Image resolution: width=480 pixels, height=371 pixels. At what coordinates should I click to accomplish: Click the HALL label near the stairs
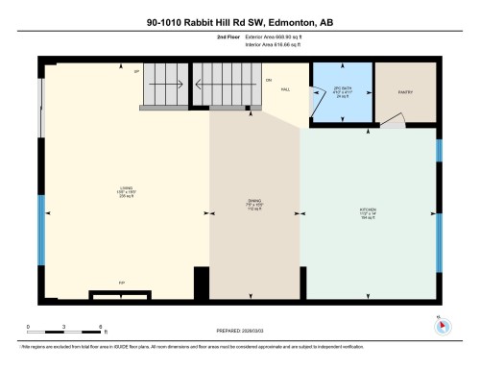[x=286, y=88]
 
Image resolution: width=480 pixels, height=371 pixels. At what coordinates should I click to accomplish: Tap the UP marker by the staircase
[x=137, y=72]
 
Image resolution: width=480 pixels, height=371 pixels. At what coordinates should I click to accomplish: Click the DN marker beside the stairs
[x=269, y=79]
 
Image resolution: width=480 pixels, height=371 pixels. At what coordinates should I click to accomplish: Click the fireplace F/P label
[x=121, y=283]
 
